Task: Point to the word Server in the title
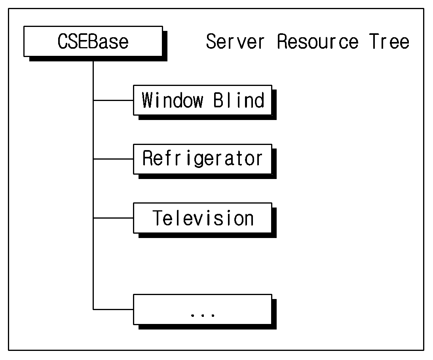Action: [235, 42]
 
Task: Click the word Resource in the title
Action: [317, 42]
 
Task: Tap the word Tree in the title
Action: [389, 42]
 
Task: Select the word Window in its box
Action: [172, 100]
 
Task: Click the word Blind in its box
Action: [239, 100]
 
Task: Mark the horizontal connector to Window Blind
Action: [113, 100]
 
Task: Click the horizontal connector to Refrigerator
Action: [113, 159]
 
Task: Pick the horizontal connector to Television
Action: [113, 218]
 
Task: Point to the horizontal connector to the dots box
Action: [113, 309]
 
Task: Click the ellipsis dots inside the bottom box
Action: [203, 315]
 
